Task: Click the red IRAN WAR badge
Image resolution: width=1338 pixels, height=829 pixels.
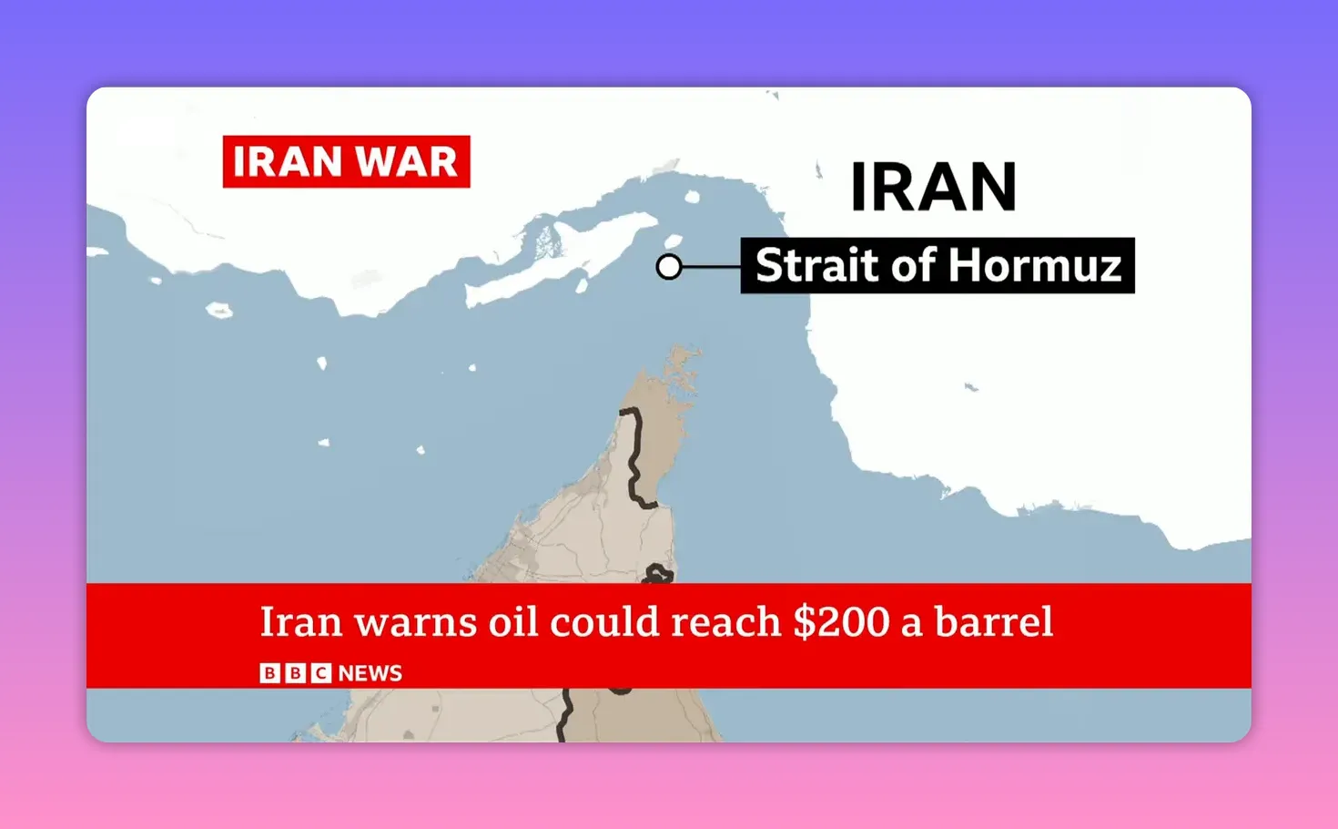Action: coord(346,161)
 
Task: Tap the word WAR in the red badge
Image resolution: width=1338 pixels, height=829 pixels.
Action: coord(406,162)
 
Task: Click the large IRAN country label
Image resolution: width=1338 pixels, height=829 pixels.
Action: coord(933,187)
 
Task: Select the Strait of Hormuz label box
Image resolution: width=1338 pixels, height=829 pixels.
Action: coord(938,266)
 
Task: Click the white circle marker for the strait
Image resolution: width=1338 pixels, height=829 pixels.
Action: coord(669,267)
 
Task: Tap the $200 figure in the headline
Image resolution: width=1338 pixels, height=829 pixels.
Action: coord(841,622)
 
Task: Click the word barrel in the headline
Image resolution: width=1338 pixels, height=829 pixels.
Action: coord(994,622)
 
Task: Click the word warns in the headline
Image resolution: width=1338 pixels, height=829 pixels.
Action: coord(415,622)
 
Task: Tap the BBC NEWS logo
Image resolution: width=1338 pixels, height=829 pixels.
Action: coord(330,673)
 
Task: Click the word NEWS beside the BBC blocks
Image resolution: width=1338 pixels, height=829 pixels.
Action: coord(370,673)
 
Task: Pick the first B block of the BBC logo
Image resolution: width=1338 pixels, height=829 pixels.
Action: coord(270,673)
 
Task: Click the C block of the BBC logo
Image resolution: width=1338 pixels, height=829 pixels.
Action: coord(320,673)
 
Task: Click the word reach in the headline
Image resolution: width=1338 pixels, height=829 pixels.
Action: coord(725,622)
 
